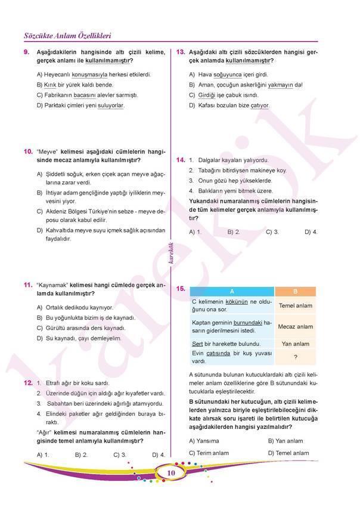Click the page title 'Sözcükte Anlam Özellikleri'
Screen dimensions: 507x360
click(67, 35)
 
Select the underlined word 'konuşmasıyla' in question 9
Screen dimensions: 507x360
click(89, 75)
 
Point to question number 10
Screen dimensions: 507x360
click(27, 152)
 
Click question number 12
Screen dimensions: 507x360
click(27, 382)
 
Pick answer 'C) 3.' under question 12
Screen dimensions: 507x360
click(120, 454)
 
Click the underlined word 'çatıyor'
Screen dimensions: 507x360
click(259, 106)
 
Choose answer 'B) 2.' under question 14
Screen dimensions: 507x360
click(234, 231)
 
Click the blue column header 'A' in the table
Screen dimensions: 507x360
click(232, 292)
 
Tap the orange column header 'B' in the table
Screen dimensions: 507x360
click(295, 292)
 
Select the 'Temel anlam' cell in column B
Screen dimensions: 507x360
click(295, 306)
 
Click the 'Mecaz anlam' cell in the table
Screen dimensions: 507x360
click(295, 327)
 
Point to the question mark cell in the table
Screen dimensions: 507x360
click(295, 357)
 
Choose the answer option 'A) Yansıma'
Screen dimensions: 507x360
click(204, 441)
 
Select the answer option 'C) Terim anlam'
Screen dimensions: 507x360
click(208, 453)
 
